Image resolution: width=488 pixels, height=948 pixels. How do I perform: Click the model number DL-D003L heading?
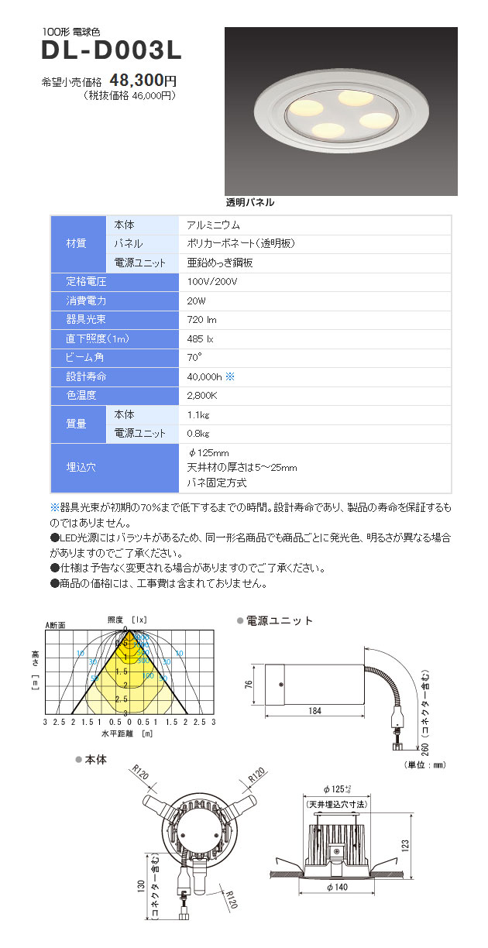[112, 51]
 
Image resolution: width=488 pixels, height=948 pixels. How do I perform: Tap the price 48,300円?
[144, 80]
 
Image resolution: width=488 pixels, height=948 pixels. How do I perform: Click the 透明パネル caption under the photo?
[250, 202]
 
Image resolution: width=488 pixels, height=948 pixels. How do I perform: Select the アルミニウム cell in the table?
[214, 225]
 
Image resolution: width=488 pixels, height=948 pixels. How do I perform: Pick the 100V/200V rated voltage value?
[212, 281]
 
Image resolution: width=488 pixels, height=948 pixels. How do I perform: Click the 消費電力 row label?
[87, 301]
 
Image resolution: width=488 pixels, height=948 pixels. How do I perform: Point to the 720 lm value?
[201, 319]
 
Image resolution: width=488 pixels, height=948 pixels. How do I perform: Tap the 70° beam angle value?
[194, 357]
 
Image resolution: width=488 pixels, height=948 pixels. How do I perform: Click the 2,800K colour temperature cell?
[202, 396]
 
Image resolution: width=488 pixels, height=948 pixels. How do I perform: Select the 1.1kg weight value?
[199, 414]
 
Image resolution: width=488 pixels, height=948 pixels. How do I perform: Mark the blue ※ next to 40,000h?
[229, 376]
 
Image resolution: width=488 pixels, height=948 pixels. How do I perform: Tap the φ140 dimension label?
[338, 887]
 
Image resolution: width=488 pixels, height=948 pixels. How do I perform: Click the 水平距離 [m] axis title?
[127, 732]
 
